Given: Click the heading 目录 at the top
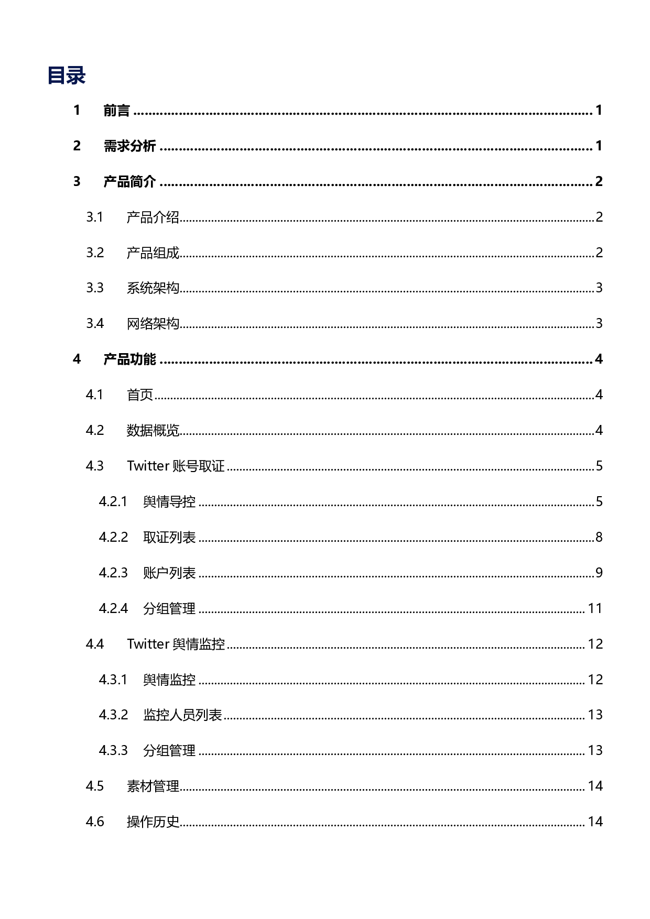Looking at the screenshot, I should coord(66,75).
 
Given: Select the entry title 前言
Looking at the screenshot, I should coord(116,111).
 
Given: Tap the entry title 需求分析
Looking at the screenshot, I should coord(129,146).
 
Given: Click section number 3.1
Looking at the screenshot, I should coord(95,217).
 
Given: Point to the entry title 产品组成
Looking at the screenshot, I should coord(153,253).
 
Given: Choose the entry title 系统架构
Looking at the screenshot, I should coord(153,288).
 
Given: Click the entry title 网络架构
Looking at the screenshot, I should coord(153,324).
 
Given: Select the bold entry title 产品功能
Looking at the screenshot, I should coord(129,359).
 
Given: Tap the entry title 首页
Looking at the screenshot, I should coord(139,395).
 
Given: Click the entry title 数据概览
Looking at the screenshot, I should coord(153,431).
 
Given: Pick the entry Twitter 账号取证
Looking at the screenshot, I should coord(176,466).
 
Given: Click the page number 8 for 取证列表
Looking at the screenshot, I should coord(599,538).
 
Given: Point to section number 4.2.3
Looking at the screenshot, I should coord(113,573).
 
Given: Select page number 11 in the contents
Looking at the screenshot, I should coord(595,609).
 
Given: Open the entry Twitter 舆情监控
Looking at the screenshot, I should coord(176,644).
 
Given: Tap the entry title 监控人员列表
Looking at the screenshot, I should coord(182,715).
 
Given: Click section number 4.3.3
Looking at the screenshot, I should coord(113,751).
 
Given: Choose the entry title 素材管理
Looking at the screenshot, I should coord(153,786).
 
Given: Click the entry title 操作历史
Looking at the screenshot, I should coord(153,822).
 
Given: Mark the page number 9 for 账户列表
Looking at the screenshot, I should coord(599,573).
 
